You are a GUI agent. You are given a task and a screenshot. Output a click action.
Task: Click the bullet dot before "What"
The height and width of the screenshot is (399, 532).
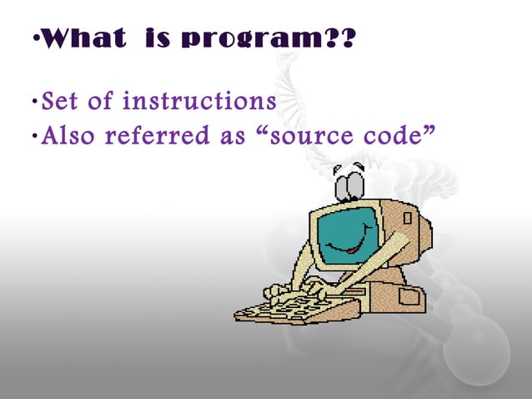coord(33,40)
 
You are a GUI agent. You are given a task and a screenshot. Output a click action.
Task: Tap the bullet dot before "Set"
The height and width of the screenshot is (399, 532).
coord(33,104)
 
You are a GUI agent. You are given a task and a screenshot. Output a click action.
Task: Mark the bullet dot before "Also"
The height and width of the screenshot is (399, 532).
coord(33,135)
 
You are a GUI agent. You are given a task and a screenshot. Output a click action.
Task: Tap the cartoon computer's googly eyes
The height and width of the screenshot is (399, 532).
coord(349,178)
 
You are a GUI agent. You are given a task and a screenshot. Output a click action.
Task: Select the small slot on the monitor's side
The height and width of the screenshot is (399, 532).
coord(408,219)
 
